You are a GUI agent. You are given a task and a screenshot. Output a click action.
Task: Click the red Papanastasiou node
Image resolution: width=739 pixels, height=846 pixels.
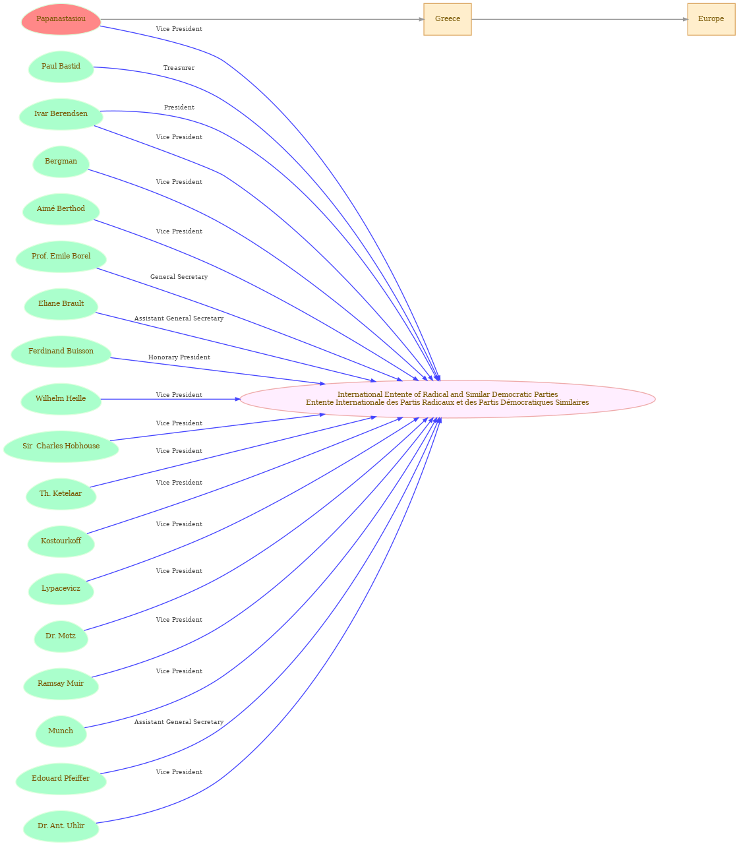[x=61, y=19]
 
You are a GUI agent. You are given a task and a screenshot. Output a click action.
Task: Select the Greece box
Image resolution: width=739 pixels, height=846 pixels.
[x=447, y=19]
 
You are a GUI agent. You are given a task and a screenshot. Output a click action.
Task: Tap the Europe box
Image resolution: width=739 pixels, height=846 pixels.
[x=711, y=19]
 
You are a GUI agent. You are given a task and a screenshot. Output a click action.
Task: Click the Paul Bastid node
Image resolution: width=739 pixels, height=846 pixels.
[x=61, y=67]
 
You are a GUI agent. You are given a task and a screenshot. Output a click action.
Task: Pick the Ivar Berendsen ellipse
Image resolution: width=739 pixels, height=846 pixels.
[x=61, y=114]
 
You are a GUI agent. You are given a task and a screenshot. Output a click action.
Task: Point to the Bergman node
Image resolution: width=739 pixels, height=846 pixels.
[x=61, y=162]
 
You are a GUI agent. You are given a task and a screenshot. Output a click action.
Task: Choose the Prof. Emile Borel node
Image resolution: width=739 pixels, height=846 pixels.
[x=61, y=257]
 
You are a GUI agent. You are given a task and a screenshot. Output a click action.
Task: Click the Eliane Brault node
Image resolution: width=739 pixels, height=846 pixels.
[x=61, y=304]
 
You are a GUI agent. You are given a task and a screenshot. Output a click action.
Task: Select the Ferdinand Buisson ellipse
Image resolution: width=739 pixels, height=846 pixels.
[x=61, y=351]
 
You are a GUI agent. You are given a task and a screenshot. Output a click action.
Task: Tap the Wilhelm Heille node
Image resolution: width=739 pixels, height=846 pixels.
[x=61, y=399]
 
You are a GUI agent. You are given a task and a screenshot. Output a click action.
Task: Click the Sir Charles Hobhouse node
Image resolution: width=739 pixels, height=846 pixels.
[x=61, y=446]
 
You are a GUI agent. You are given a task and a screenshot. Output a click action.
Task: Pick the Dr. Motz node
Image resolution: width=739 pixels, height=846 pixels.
[x=61, y=636]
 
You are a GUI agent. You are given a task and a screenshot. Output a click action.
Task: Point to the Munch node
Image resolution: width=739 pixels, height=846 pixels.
[x=61, y=731]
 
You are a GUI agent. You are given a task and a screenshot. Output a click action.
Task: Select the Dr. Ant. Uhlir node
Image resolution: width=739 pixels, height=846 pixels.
[x=61, y=826]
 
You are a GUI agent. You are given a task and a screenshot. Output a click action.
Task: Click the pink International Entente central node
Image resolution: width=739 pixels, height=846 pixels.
[x=447, y=399]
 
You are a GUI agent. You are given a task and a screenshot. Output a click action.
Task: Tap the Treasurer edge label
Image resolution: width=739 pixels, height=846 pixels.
[x=179, y=68]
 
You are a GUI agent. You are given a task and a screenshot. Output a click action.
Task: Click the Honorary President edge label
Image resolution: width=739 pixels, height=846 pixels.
[x=179, y=357]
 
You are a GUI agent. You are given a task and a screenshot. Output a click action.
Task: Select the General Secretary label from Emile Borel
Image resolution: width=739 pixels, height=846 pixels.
[x=179, y=277]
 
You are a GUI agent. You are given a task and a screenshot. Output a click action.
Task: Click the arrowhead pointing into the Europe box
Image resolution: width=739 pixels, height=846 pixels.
[x=685, y=19]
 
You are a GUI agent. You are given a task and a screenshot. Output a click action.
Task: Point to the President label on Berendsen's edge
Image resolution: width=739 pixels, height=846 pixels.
[x=179, y=107]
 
